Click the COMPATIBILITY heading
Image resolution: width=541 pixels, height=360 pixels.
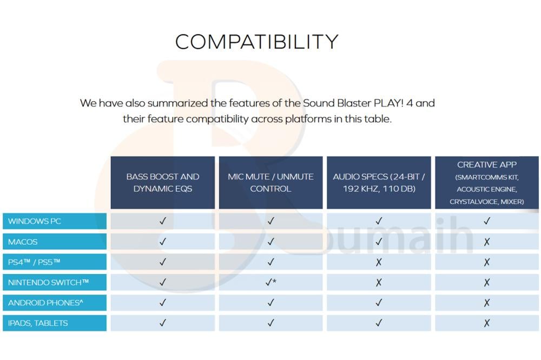tap(256, 42)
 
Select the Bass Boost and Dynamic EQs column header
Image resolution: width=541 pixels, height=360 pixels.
tap(162, 182)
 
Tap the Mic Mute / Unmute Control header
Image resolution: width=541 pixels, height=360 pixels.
tap(270, 182)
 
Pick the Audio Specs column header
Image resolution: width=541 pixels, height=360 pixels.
tap(379, 182)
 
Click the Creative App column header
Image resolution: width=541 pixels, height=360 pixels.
tap(487, 182)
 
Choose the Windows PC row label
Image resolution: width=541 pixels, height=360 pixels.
tap(55, 221)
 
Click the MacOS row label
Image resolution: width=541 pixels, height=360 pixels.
tap(55, 242)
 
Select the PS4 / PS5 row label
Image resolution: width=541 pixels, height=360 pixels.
tap(55, 262)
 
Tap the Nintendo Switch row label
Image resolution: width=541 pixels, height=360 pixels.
tap(55, 282)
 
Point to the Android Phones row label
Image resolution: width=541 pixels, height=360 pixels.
tap(55, 302)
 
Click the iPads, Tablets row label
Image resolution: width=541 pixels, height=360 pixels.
tap(55, 323)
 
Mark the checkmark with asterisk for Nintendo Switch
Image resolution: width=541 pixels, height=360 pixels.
tap(271, 282)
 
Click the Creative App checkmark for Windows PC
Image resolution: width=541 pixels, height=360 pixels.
tap(487, 221)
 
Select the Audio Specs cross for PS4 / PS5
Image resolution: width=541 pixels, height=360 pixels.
tap(379, 262)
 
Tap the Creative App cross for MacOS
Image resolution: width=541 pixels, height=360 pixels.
tap(487, 242)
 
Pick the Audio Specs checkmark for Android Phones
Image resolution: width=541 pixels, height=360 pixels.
tap(379, 302)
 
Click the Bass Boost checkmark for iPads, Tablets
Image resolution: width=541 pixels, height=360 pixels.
tap(162, 323)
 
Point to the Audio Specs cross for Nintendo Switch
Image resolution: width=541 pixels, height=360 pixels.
tap(379, 282)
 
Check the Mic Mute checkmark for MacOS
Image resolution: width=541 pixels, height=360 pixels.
tap(271, 242)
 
